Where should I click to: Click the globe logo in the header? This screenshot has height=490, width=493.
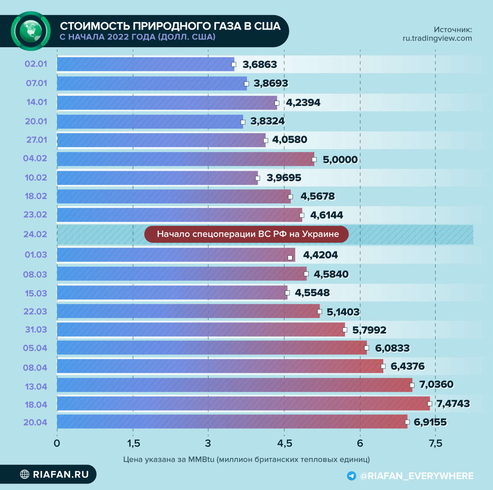(31, 31)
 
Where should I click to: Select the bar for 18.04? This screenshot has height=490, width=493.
(242, 403)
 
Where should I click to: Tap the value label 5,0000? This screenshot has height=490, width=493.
(340, 160)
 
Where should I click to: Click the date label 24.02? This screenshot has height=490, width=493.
(35, 234)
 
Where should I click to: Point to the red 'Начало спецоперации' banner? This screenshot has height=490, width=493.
(246, 234)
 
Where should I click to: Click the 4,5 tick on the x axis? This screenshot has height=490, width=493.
(284, 444)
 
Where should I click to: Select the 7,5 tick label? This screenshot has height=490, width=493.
(435, 444)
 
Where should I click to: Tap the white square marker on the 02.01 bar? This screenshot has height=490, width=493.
(234, 64)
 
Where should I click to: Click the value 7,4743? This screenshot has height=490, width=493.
(453, 404)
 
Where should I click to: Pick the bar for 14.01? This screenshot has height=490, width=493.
(166, 102)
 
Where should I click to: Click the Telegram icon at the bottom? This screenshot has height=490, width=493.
(351, 476)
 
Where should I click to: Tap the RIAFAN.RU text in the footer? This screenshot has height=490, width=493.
(61, 474)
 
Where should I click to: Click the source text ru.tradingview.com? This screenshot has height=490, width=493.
(437, 38)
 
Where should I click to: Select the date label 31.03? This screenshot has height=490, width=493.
(35, 329)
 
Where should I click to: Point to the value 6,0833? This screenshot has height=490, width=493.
(392, 348)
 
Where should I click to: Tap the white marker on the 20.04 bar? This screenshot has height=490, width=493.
(407, 422)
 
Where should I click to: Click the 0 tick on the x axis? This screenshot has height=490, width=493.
(57, 444)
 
